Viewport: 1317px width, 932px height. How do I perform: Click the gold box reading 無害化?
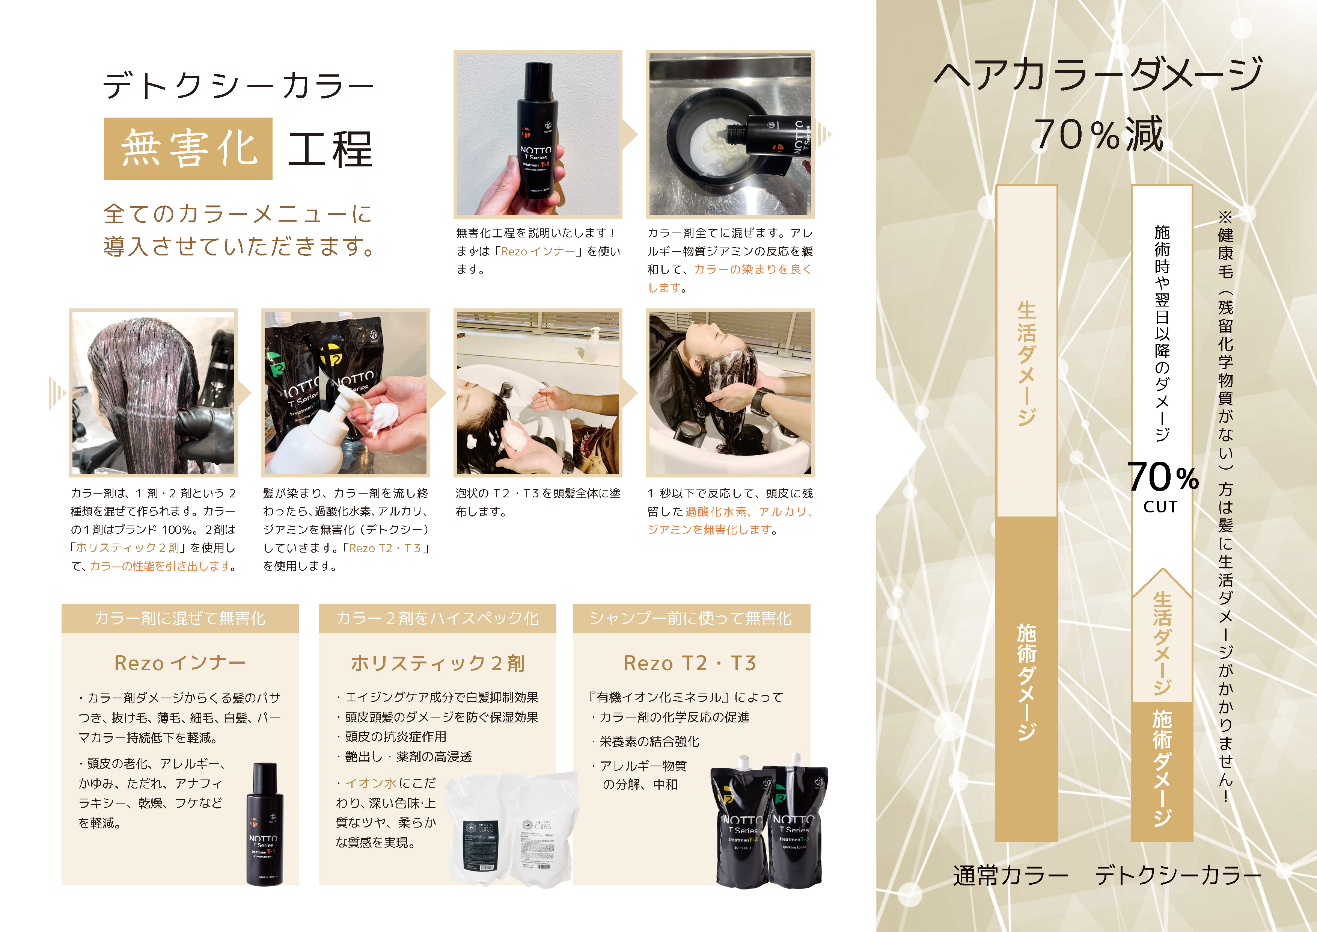(188, 149)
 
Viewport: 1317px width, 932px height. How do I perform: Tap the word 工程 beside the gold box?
(330, 149)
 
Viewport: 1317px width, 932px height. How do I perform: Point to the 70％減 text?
(1099, 134)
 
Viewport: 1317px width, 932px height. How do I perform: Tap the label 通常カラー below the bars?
(1010, 876)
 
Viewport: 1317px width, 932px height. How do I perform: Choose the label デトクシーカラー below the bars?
(1178, 876)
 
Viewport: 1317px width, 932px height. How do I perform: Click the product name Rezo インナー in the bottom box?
(180, 663)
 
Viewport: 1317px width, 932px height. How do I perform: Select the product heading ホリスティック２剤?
(438, 663)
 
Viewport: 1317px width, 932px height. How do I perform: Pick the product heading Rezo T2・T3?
(690, 663)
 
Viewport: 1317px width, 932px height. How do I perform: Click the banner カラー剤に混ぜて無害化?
(180, 618)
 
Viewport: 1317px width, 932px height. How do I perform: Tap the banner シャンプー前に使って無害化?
(691, 618)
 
